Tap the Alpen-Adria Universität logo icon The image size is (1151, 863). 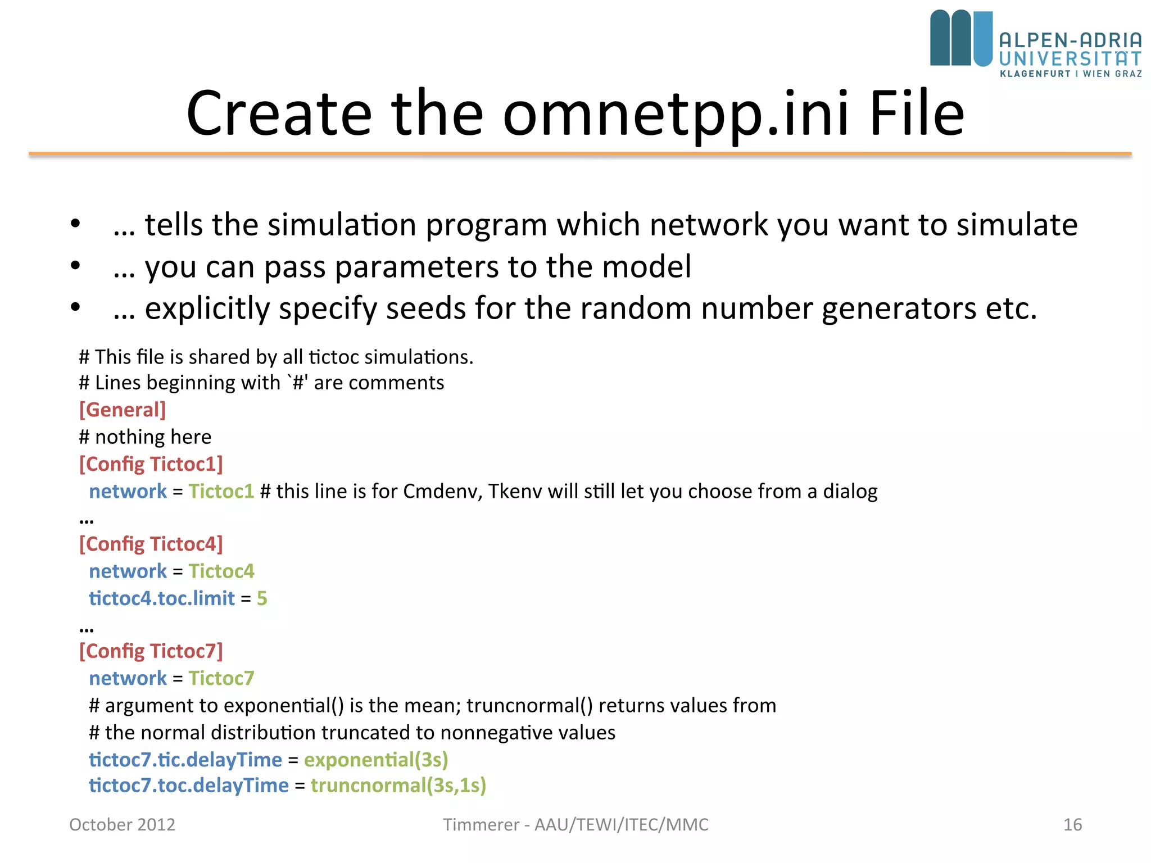[x=961, y=38]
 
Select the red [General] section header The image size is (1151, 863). [x=123, y=410]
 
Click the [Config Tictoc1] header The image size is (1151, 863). [x=151, y=464]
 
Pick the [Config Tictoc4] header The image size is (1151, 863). [x=151, y=544]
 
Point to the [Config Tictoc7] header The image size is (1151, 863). [x=151, y=651]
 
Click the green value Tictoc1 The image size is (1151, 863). [x=221, y=491]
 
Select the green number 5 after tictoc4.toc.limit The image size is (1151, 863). [x=262, y=598]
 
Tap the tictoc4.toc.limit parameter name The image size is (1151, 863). [x=162, y=598]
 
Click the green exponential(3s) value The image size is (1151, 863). [x=376, y=760]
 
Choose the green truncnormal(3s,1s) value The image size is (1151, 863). [x=398, y=785]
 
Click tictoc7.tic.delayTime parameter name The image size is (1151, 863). [x=185, y=760]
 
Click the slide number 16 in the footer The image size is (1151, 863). [x=1072, y=825]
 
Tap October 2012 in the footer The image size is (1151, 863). [x=122, y=825]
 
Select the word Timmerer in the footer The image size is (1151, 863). [x=481, y=825]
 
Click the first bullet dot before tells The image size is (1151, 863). [x=75, y=224]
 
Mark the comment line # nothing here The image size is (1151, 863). [x=145, y=437]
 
